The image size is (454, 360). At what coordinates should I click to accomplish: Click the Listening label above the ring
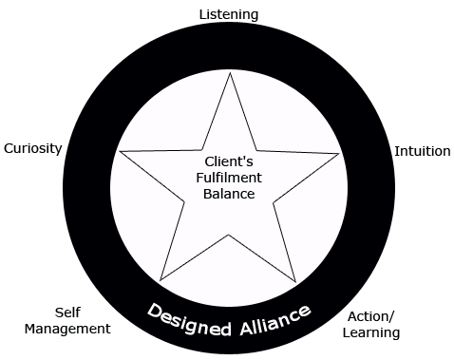pyautogui.click(x=228, y=14)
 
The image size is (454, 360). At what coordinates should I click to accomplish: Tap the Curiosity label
pyautogui.click(x=32, y=148)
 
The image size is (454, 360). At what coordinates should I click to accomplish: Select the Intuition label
pyautogui.click(x=422, y=151)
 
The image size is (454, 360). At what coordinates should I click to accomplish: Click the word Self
pyautogui.click(x=66, y=312)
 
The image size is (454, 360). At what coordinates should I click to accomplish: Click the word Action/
pyautogui.click(x=373, y=316)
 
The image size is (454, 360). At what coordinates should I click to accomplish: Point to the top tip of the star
pyautogui.click(x=229, y=73)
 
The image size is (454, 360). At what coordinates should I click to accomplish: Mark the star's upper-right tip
pyautogui.click(x=340, y=154)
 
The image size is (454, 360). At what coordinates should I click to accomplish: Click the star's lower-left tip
pyautogui.click(x=161, y=281)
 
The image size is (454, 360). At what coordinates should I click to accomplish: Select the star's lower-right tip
pyautogui.click(x=297, y=281)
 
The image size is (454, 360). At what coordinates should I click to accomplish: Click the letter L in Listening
pyautogui.click(x=201, y=14)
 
